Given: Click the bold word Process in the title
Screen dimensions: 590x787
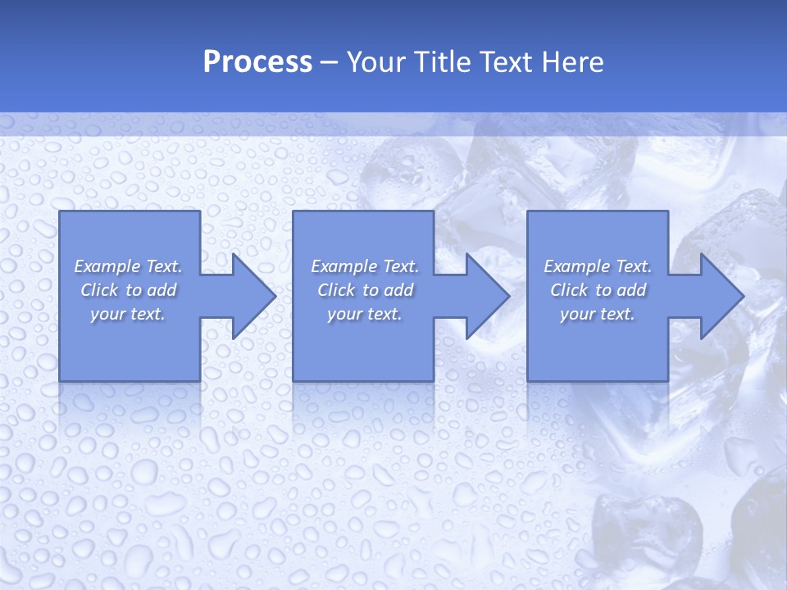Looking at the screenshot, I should (x=257, y=62).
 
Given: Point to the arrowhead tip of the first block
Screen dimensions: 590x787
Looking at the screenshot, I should (x=275, y=296).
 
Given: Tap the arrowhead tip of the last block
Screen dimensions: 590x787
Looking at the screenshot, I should (x=743, y=296).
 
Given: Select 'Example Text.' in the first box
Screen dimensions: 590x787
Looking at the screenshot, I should (x=128, y=266).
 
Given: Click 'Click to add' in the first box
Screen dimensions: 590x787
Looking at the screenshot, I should (x=128, y=290).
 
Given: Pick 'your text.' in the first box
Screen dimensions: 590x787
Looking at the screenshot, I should (x=128, y=314).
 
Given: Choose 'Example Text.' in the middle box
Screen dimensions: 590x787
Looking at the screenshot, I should (x=365, y=266).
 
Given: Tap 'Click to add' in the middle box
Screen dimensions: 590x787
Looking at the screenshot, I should (x=365, y=290).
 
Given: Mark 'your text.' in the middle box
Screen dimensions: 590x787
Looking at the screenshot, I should (x=365, y=314).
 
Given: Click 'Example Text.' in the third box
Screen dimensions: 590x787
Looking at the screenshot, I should (x=598, y=266).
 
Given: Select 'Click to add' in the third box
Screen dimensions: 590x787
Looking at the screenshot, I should (x=598, y=290).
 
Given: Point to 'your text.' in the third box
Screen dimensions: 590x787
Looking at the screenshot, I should (x=598, y=314).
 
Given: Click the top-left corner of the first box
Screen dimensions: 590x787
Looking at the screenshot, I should (x=60, y=212).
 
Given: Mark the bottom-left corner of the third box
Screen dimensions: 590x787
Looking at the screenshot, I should (x=528, y=380).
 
